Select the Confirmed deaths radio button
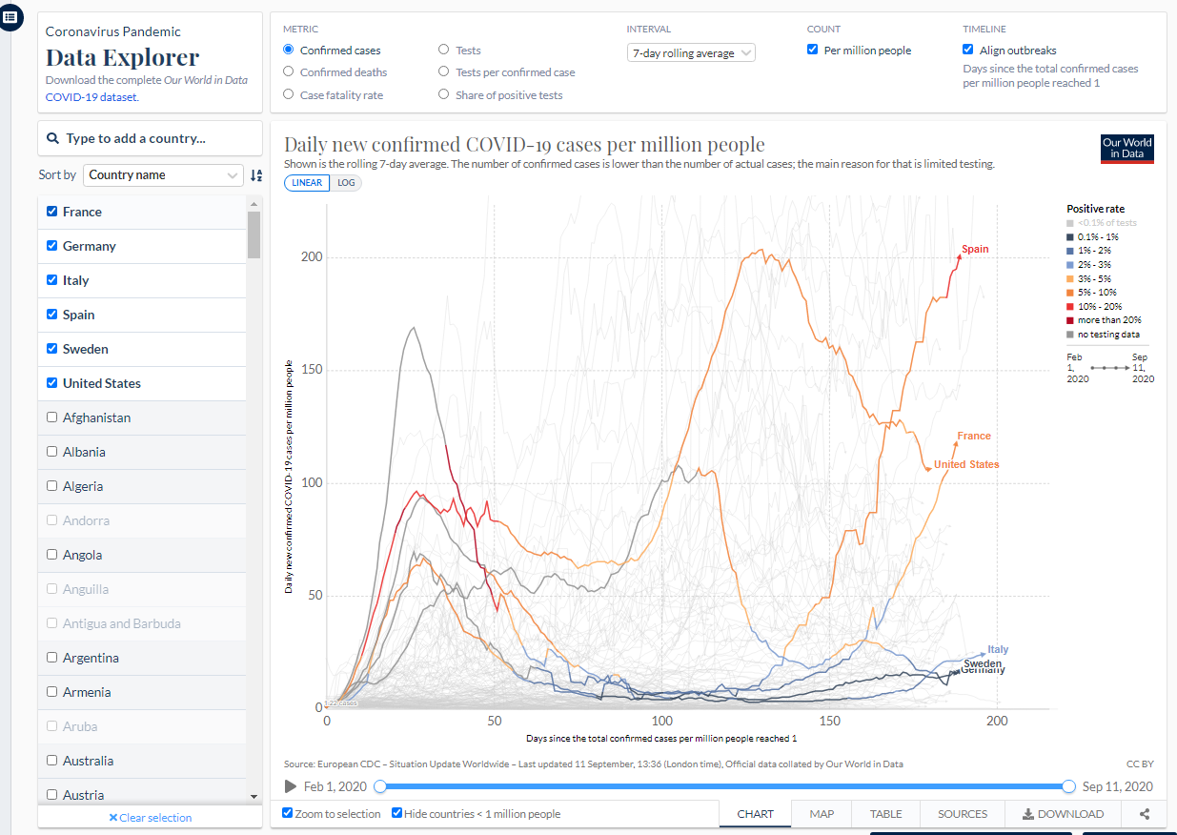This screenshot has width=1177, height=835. click(x=289, y=72)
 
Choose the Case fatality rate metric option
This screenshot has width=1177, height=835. click(x=289, y=95)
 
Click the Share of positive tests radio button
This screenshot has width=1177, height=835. click(x=444, y=95)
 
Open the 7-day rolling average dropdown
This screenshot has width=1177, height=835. click(x=691, y=53)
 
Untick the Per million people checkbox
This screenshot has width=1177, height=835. click(x=813, y=51)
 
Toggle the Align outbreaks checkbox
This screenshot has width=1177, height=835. click(x=968, y=51)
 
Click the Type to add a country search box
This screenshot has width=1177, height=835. click(x=150, y=138)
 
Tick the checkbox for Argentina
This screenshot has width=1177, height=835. click(x=52, y=658)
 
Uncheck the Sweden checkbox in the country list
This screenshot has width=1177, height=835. click(x=52, y=349)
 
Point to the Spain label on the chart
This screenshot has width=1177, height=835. click(x=975, y=250)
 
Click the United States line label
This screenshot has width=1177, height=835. click(x=966, y=465)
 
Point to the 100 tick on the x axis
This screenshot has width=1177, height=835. click(x=661, y=721)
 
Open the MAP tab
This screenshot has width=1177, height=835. click(x=822, y=814)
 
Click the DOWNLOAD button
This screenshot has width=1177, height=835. click(x=1063, y=814)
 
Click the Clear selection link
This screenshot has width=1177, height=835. click(x=151, y=818)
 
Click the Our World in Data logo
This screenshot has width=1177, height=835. click(x=1126, y=149)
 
